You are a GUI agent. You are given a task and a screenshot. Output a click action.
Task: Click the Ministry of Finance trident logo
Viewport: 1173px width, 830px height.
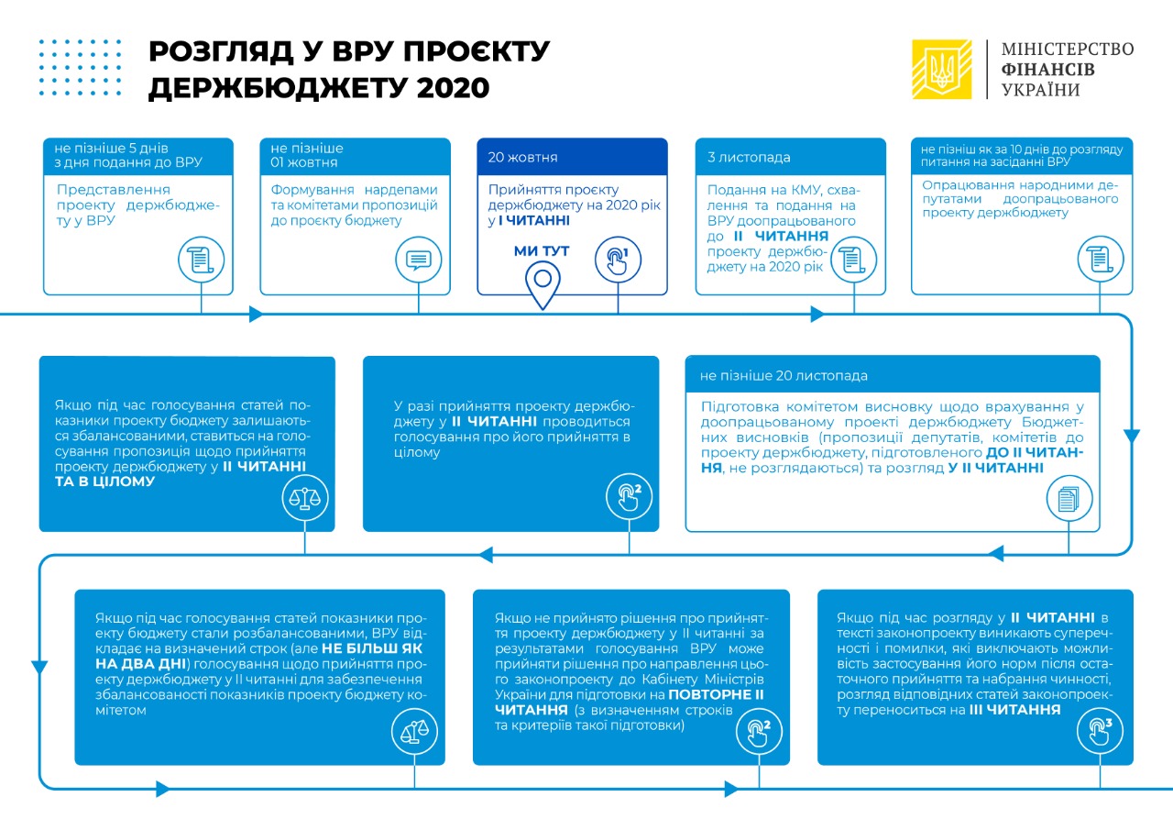[941, 70]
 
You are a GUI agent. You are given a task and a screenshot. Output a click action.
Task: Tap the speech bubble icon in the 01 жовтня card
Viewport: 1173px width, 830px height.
[418, 260]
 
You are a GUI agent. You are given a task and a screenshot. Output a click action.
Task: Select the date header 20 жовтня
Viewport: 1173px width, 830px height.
[522, 158]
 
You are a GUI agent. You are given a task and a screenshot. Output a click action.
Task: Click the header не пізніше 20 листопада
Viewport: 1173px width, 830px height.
[784, 376]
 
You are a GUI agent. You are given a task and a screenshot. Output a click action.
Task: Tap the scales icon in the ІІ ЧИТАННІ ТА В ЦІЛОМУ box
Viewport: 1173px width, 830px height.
[304, 498]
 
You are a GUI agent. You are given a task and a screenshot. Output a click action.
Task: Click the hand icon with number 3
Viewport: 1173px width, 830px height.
[1099, 731]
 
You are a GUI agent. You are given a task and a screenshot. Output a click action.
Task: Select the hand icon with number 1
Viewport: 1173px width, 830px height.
[613, 260]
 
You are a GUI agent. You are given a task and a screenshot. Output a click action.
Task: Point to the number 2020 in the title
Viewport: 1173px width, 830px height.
[449, 87]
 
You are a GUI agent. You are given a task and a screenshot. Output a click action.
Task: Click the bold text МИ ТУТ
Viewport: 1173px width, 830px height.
[542, 251]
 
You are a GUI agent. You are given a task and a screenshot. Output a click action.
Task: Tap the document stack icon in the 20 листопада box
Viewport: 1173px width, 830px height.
[1069, 498]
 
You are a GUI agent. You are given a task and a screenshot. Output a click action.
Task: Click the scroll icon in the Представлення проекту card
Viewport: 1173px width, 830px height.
[201, 260]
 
